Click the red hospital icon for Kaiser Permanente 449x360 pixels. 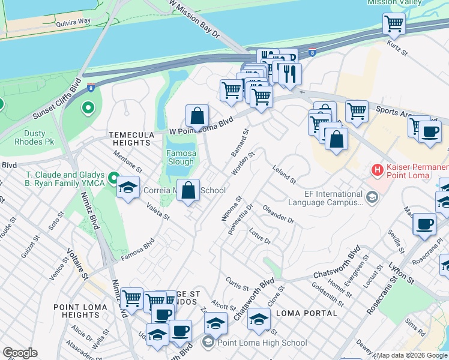(x=378, y=170)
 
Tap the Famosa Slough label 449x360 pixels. (x=181, y=157)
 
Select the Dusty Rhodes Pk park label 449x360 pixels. (x=26, y=138)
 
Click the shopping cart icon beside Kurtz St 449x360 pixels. (x=394, y=25)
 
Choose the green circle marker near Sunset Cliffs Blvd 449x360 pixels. (x=88, y=109)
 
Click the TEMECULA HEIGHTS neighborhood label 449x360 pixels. (x=130, y=139)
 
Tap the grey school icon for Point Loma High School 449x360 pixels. (x=208, y=343)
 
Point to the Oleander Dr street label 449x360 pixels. (x=278, y=214)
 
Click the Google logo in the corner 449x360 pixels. (x=20, y=353)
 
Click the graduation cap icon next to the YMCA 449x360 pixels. (x=128, y=188)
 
